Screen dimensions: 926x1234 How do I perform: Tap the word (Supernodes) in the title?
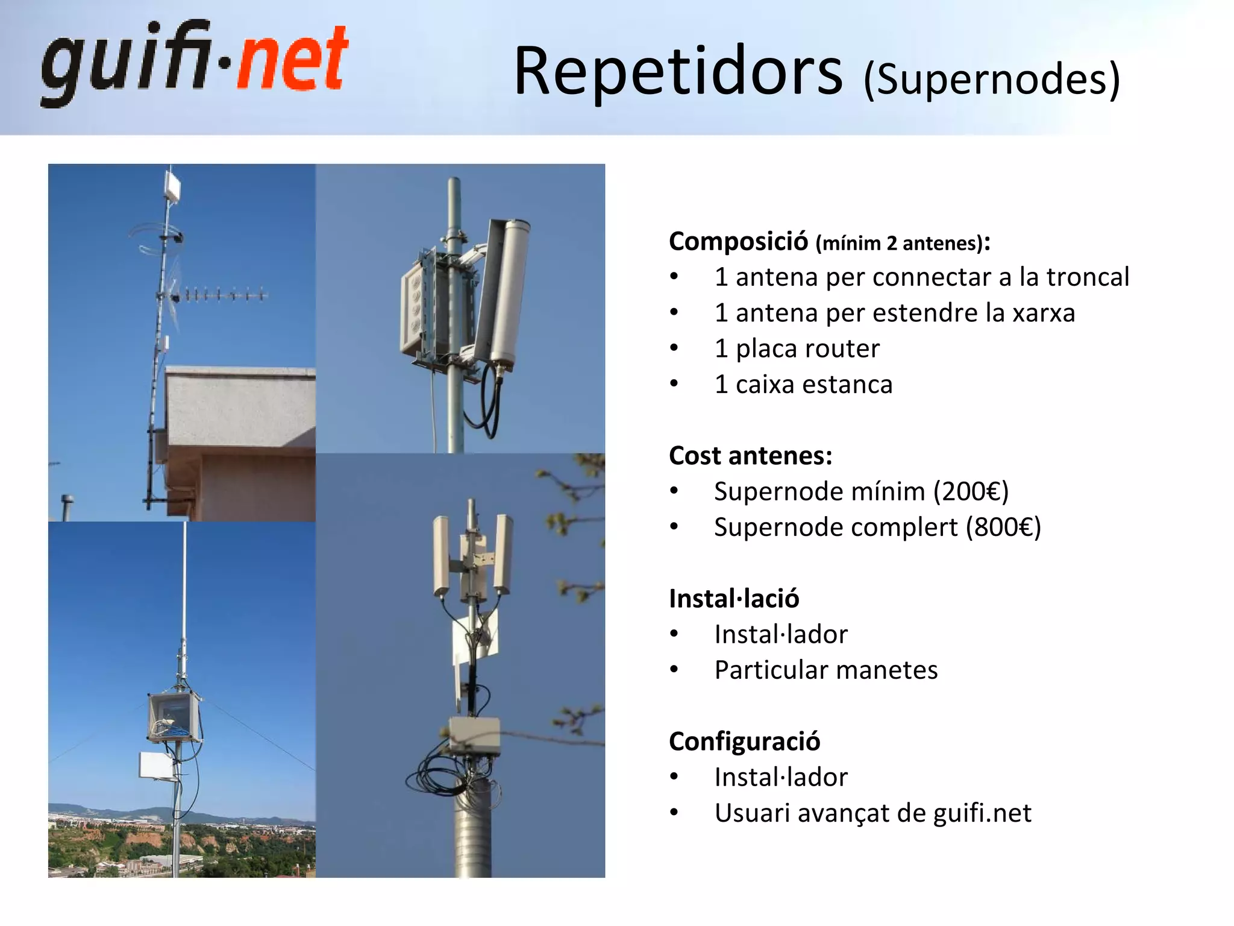(x=992, y=80)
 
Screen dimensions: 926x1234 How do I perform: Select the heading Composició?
(x=738, y=242)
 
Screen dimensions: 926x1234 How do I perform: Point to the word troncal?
(x=1087, y=277)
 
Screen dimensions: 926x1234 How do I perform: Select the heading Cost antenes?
(x=750, y=456)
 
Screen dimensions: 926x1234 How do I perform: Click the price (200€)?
(x=971, y=491)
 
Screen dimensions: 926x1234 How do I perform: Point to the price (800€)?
(x=1003, y=527)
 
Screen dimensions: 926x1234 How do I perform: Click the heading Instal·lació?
(x=734, y=599)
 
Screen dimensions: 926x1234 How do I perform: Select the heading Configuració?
(x=744, y=742)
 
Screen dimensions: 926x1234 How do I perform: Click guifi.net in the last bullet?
(x=982, y=813)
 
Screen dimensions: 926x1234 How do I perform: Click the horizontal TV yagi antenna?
(x=220, y=295)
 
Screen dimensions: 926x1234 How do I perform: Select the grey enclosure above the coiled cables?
(x=474, y=736)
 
